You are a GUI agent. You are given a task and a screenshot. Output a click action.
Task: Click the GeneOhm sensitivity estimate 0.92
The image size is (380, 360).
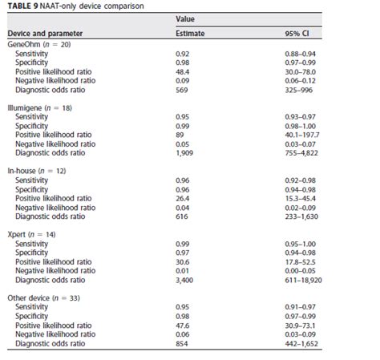(x=182, y=52)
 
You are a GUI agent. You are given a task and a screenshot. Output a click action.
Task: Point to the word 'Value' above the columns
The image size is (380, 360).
(x=184, y=18)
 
